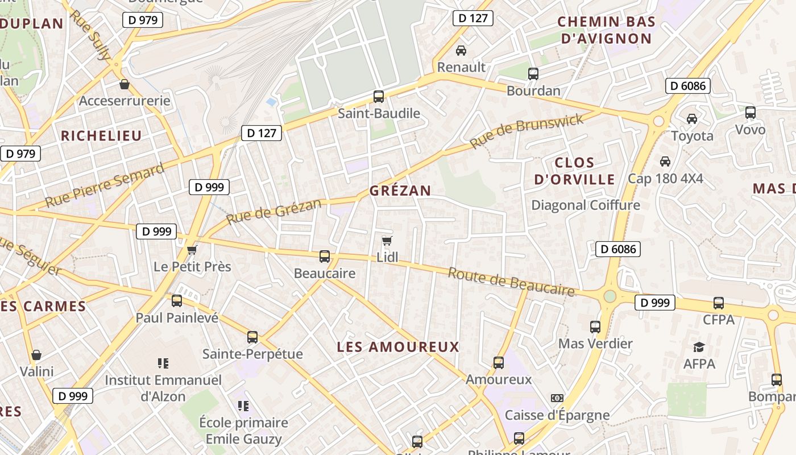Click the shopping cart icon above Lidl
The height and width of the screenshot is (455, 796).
point(387,241)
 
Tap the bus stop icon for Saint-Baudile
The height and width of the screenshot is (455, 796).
point(379,97)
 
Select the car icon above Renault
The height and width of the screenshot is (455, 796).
point(461,51)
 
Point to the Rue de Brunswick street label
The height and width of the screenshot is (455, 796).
point(526,131)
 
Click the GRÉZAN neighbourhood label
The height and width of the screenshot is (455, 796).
point(400,191)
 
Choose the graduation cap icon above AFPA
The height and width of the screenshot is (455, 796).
point(699,347)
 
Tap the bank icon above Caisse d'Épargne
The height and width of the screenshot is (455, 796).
point(557,398)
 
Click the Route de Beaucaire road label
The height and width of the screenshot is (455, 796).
point(511,282)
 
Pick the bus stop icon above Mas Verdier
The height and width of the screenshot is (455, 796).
point(595,327)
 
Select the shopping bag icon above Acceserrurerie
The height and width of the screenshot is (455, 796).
point(125,85)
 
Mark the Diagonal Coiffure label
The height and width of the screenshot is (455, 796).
point(586,205)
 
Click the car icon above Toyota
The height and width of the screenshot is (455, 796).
point(692,119)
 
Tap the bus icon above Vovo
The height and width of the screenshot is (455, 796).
point(751,113)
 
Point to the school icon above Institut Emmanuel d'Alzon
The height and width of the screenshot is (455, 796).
point(163,363)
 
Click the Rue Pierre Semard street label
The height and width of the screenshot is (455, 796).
point(105,185)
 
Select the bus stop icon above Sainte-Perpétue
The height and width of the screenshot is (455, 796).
point(253,337)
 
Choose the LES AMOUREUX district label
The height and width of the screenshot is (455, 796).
point(398,347)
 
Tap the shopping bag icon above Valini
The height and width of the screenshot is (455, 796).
point(36,355)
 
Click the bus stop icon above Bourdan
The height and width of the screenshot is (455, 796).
point(533,74)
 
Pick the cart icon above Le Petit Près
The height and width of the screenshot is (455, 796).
point(192,250)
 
